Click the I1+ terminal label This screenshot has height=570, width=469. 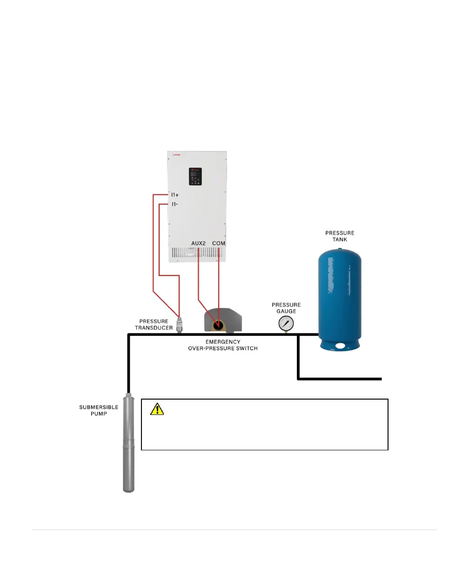coord(175,195)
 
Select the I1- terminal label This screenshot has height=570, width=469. coord(174,204)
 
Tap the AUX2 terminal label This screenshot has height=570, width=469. coord(199,244)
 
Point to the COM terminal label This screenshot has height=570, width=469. coord(219,244)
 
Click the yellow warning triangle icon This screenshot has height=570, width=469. coord(157,409)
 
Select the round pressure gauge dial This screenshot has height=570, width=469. coord(286,323)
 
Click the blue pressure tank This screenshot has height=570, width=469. coord(340,293)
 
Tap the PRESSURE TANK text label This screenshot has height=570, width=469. coord(340,236)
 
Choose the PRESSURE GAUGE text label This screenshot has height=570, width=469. coord(286,308)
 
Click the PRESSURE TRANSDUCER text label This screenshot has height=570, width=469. coord(154,325)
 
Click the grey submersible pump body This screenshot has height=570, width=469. coord(129,442)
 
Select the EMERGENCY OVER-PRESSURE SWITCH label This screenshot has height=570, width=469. coord(223,345)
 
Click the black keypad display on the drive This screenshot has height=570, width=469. coord(195,176)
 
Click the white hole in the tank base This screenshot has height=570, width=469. coord(341,346)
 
